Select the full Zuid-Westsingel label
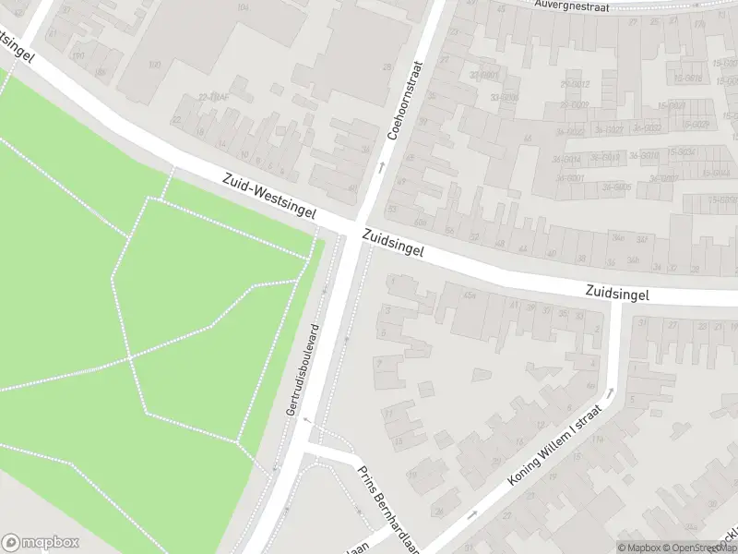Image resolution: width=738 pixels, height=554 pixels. click(x=268, y=197)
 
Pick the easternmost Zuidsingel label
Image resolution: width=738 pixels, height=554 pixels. click(x=617, y=294)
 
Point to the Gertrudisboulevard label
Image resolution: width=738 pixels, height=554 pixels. click(x=302, y=368)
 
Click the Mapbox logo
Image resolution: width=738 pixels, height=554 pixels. click(x=41, y=542)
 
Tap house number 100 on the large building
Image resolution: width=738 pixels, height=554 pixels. click(x=154, y=65)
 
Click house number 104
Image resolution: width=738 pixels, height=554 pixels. click(x=243, y=7)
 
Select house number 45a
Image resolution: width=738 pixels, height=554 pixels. click(x=470, y=295)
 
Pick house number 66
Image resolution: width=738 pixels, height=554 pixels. click(x=528, y=138)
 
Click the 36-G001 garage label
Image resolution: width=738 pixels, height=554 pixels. click(x=570, y=177)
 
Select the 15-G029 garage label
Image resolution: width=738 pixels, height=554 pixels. click(x=696, y=125)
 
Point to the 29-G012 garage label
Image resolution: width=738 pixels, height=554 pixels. click(x=574, y=85)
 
